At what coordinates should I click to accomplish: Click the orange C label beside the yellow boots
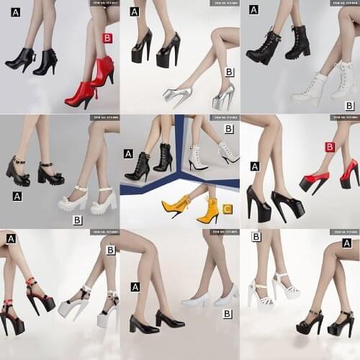coord(227,210)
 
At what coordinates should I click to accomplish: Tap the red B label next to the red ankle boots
coord(107,38)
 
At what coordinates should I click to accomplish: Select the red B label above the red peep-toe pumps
coord(330,147)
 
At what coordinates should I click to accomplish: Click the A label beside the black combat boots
coord(253,9)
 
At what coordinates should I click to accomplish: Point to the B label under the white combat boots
coord(349,106)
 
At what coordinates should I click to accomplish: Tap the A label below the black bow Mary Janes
coord(17,196)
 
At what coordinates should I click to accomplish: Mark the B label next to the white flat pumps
coord(227,314)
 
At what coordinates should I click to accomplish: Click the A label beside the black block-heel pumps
coord(135,287)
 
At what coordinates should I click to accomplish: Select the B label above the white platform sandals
coord(256,236)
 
